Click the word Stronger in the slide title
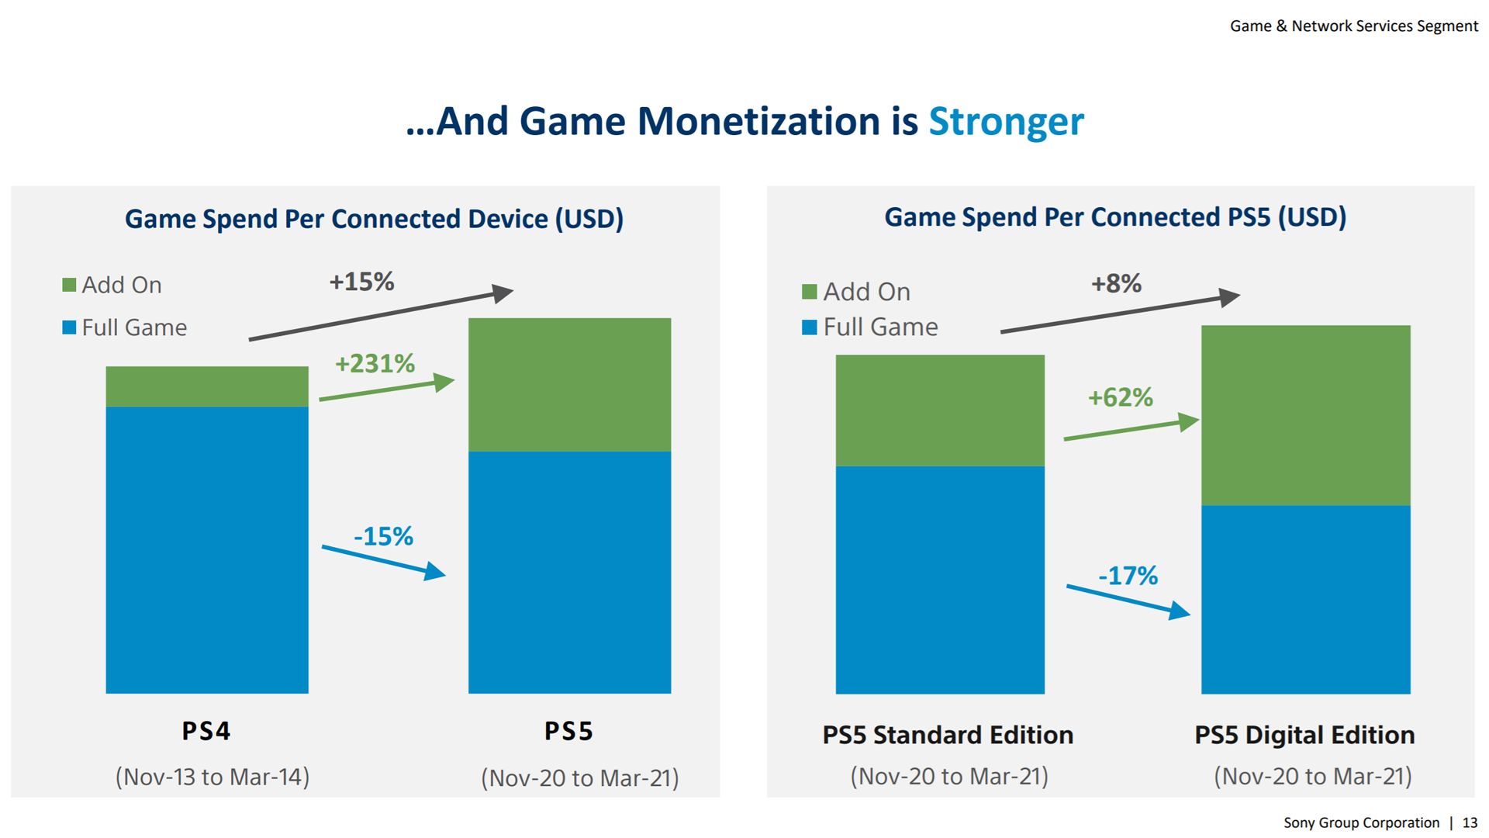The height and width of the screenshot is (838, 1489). (x=1006, y=122)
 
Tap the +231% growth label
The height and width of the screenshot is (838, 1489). (x=375, y=363)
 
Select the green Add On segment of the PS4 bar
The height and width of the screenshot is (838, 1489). (x=207, y=386)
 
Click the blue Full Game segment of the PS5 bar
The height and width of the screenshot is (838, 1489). (x=569, y=572)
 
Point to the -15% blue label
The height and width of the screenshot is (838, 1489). (x=383, y=536)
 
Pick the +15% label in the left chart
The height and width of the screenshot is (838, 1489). (x=361, y=282)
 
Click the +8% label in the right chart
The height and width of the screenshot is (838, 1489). (x=1116, y=283)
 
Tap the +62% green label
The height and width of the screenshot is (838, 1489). (x=1120, y=397)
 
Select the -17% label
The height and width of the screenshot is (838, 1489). (x=1128, y=576)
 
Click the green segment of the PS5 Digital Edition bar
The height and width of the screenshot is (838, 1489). (x=1305, y=415)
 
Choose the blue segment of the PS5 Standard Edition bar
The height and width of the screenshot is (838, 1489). (x=940, y=580)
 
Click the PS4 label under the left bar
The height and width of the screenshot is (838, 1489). (x=206, y=731)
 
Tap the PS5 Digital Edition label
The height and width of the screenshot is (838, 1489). (x=1304, y=735)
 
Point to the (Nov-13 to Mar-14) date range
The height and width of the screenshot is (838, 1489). (x=212, y=777)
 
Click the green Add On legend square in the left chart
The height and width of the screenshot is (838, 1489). (x=69, y=285)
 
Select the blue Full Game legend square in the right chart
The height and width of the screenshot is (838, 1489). (x=809, y=327)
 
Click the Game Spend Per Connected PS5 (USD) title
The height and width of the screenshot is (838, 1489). (x=1115, y=217)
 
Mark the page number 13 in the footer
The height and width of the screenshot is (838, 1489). (x=1470, y=822)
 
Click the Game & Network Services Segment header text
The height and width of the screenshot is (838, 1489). (x=1353, y=26)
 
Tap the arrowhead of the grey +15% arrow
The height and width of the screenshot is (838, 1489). (x=504, y=293)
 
